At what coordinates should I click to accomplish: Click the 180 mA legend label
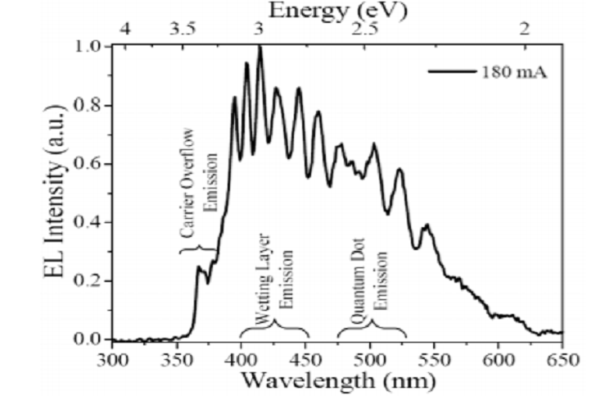point(513,71)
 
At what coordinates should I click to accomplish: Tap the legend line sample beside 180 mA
point(452,71)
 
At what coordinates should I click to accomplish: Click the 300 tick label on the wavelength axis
point(112,358)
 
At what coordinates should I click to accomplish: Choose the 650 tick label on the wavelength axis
point(563,358)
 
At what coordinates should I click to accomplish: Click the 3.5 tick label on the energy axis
point(183,29)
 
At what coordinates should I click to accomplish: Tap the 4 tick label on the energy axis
point(125,29)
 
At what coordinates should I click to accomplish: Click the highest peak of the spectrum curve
point(260,48)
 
